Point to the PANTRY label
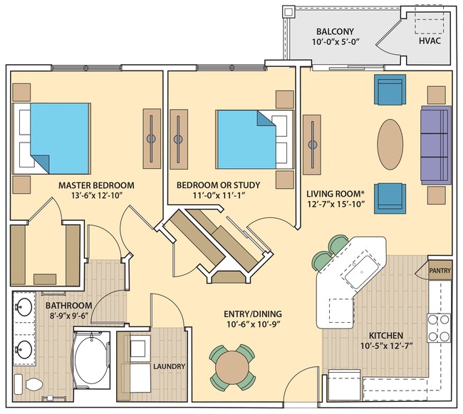coord(439,271)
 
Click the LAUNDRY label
coord(169,367)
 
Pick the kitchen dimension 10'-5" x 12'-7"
coord(386,348)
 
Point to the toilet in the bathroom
coord(32,385)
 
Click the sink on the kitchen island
coord(358,271)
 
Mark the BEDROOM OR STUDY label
coord(218,185)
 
